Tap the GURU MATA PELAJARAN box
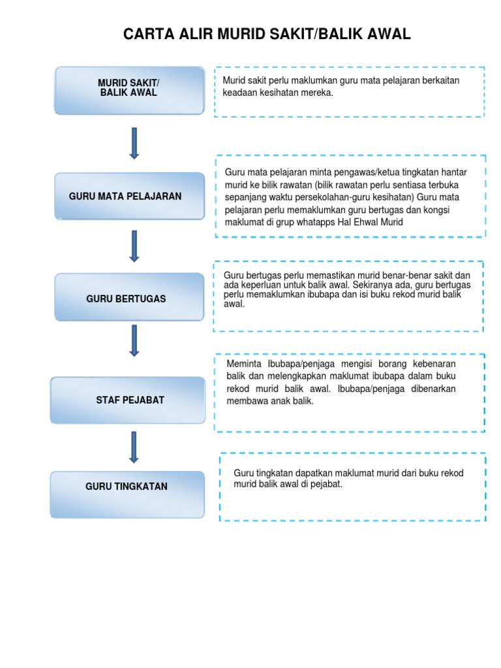coord(129,196)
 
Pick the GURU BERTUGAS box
coord(129,298)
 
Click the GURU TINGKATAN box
coord(127,487)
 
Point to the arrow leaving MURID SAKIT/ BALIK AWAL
coord(134,143)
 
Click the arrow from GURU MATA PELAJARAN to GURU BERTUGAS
coord(134,245)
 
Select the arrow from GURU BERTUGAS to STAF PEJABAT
coord(134,341)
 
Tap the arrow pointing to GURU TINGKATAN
coord(134,447)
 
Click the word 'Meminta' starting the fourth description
coord(243,364)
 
